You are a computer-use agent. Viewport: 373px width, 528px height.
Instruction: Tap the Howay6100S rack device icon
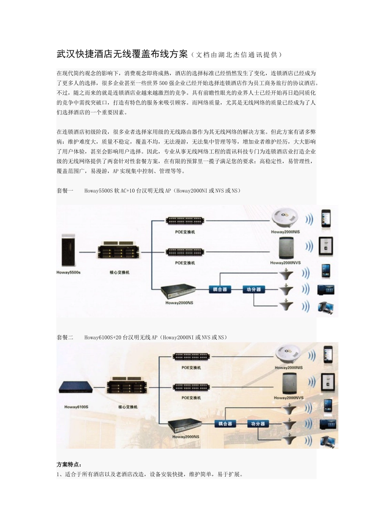tap(76, 387)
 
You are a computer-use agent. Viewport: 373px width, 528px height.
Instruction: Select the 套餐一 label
tap(65, 191)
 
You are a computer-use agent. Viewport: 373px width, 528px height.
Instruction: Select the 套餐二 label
tap(65, 337)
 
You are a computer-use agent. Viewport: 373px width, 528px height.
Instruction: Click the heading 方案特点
tap(69, 464)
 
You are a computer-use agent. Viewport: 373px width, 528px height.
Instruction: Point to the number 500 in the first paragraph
tap(163, 83)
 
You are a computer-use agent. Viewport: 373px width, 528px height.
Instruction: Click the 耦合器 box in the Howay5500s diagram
tap(220, 290)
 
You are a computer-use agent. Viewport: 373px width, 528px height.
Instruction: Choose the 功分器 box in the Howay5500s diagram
tap(254, 290)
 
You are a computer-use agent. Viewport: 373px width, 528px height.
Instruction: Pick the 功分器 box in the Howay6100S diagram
tap(258, 424)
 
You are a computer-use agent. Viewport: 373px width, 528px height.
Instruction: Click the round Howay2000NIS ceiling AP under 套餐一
tap(285, 217)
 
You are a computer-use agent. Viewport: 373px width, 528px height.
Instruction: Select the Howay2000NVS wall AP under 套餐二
tap(289, 383)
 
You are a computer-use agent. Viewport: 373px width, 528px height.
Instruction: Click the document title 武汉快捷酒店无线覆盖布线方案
tap(123, 54)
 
